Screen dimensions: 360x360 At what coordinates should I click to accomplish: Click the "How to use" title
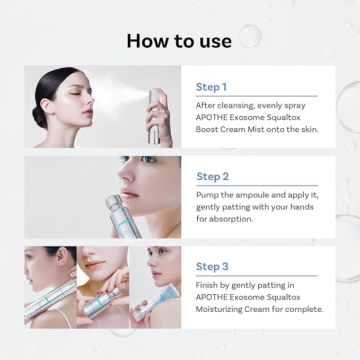pyautogui.click(x=179, y=40)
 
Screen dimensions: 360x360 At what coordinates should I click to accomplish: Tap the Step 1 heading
pyautogui.click(x=211, y=87)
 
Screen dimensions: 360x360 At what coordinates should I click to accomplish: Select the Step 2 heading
pyautogui.click(x=212, y=177)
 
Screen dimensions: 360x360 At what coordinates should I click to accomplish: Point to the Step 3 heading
pyautogui.click(x=212, y=266)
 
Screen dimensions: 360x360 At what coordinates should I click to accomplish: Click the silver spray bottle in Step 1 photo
pyautogui.click(x=154, y=118)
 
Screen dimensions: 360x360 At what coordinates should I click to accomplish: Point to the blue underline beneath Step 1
pyautogui.click(x=256, y=96)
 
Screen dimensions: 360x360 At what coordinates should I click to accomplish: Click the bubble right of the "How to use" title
pyautogui.click(x=249, y=36)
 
